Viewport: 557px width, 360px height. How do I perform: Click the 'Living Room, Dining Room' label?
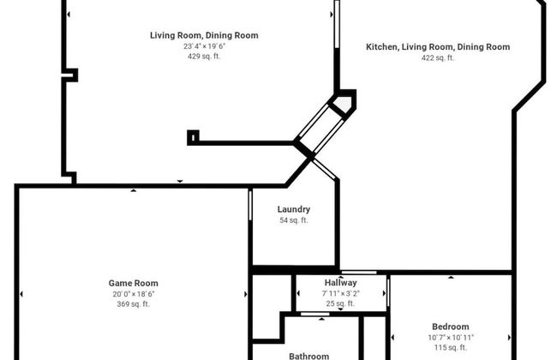[x=204, y=35]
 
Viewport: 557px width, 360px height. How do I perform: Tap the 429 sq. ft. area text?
[x=204, y=57]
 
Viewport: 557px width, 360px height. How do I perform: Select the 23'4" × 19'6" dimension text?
[x=204, y=46]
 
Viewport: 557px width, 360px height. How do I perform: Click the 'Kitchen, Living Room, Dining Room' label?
[x=438, y=47]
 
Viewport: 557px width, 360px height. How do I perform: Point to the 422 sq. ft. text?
[x=438, y=58]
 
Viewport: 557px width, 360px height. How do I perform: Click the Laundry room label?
[x=294, y=209]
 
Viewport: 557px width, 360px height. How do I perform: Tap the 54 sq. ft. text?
[x=294, y=220]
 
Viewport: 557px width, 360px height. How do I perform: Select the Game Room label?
[x=133, y=283]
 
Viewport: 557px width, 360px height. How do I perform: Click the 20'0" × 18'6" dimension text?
[x=133, y=293]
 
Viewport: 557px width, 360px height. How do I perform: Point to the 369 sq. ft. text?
[x=133, y=303]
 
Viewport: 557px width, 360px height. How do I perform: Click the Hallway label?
[x=340, y=283]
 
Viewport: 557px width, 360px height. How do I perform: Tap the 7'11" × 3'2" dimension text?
[x=340, y=293]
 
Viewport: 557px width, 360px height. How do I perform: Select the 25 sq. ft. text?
[x=340, y=303]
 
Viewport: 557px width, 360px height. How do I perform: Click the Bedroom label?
[x=450, y=327]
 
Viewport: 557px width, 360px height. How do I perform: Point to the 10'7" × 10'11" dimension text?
[x=450, y=337]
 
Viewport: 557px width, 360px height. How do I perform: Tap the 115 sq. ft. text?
[x=450, y=347]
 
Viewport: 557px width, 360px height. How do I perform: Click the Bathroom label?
[x=308, y=356]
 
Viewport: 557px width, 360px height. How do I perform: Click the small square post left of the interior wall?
[x=193, y=135]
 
